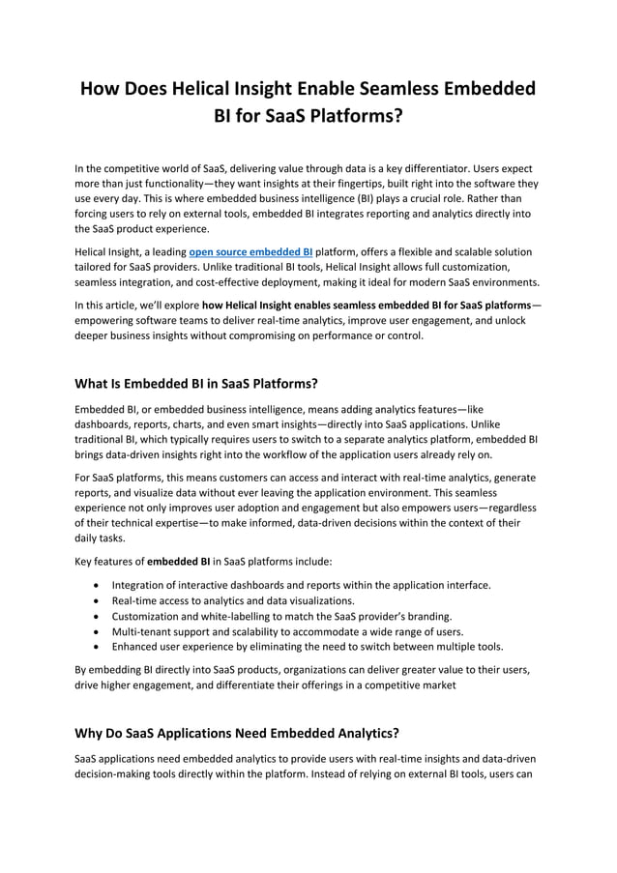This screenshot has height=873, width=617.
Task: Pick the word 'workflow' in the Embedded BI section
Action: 279,454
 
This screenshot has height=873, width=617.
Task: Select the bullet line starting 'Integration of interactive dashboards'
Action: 301,585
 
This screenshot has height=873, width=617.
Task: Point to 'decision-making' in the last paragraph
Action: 119,774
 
